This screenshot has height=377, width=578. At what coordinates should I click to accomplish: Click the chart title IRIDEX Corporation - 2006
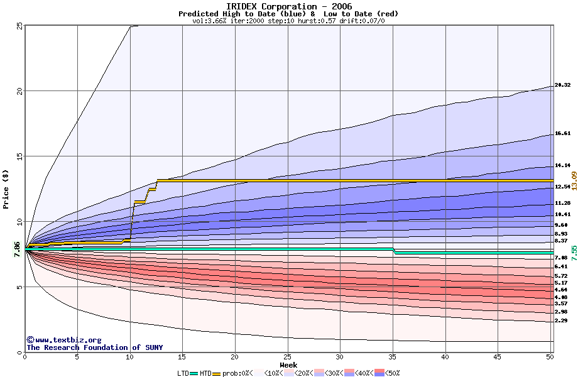point(290,6)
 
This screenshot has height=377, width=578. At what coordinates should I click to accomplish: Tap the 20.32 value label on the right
point(562,85)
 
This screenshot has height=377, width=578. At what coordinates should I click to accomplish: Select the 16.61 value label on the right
point(562,133)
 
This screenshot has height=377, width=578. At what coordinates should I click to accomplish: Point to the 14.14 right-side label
point(562,166)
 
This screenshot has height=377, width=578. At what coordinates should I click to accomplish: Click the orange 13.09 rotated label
point(574,181)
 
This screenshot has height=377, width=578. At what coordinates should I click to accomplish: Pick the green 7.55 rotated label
point(574,254)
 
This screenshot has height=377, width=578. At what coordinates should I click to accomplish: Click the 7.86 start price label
point(17,249)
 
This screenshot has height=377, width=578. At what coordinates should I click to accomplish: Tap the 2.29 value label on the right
point(561,321)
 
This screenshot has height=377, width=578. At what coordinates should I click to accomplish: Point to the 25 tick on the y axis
point(19,26)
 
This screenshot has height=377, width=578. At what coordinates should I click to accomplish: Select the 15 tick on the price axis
point(19,156)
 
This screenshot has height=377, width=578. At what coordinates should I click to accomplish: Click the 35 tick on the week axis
point(393,357)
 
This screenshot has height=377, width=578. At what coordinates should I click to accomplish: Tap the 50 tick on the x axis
point(550,357)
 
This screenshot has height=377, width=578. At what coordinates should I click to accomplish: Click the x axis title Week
point(288,364)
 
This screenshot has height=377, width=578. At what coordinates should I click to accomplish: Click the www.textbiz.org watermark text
point(63,340)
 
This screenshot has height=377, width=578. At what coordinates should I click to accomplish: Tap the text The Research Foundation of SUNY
point(95,347)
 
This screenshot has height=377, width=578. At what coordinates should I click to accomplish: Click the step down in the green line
point(394,251)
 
